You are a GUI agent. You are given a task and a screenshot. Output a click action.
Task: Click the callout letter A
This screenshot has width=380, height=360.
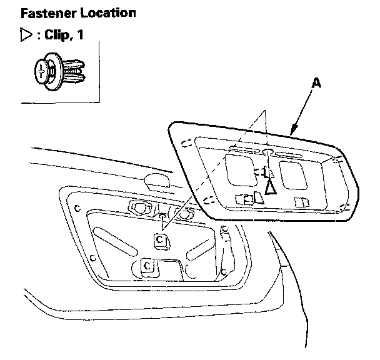point(317,84)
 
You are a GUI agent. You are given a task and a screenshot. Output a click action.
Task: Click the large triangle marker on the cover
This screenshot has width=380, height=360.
point(271,186)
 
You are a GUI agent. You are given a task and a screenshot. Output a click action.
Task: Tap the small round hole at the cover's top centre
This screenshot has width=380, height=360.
point(265,152)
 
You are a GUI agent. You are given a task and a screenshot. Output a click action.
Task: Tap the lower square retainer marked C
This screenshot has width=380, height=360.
point(148,266)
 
